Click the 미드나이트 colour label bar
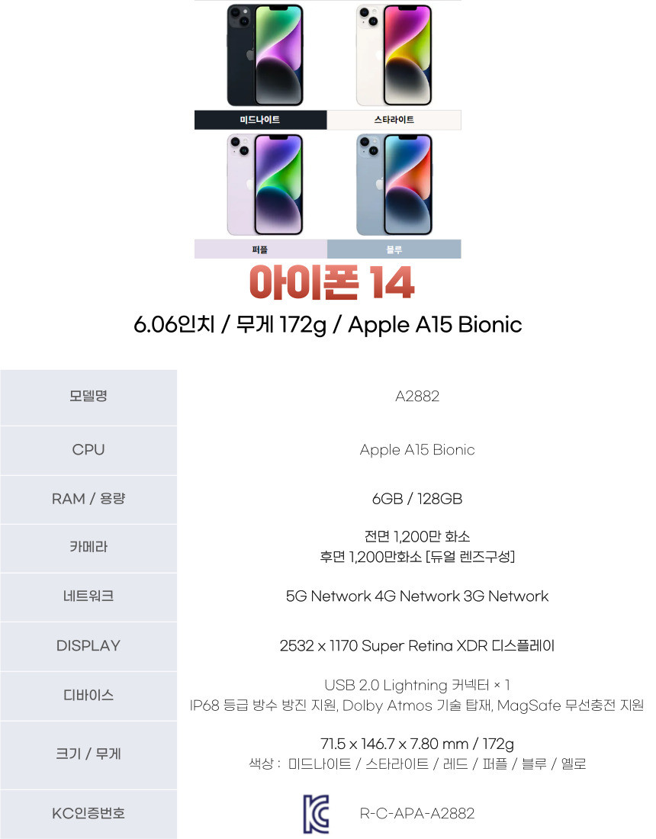click(260, 120)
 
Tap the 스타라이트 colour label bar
click(394, 120)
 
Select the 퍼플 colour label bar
click(260, 249)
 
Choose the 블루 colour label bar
click(394, 249)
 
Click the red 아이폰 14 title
click(332, 283)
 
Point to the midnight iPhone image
click(265, 55)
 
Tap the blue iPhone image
click(394, 185)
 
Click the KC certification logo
click(316, 813)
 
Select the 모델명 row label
click(88, 396)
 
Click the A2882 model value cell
click(417, 396)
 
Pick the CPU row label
click(88, 450)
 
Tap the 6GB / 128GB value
click(417, 499)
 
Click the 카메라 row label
click(88, 547)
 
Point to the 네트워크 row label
click(88, 596)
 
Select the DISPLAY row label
click(88, 645)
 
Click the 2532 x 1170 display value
click(417, 646)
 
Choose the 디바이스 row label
click(88, 695)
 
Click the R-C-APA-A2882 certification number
click(417, 814)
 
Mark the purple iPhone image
click(265, 185)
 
